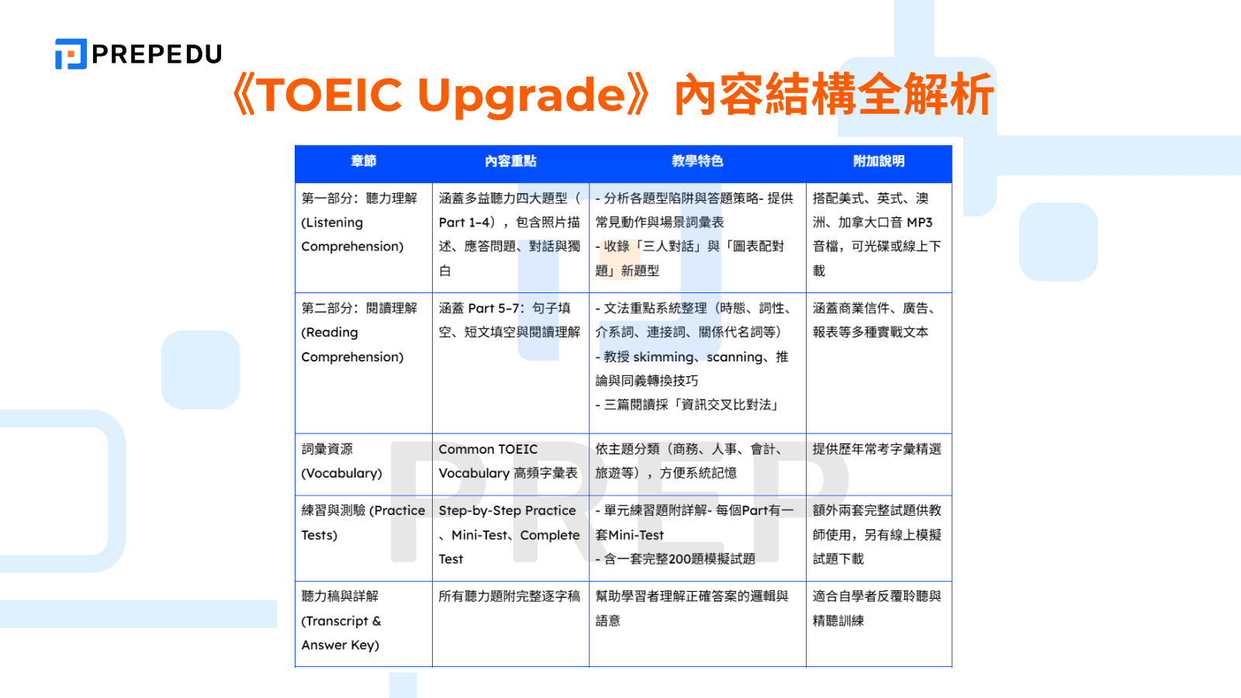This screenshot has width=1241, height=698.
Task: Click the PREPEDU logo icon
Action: [x=71, y=54]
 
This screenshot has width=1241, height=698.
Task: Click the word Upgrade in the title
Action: [x=521, y=95]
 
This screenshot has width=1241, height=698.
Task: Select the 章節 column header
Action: [x=363, y=161]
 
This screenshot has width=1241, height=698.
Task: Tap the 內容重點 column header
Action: [x=510, y=161]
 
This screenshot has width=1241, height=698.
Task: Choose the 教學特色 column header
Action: [x=697, y=161]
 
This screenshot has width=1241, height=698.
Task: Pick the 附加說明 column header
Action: [x=879, y=161]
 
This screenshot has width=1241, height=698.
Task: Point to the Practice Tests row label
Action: [x=362, y=523]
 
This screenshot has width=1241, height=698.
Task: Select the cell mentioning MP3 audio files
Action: [x=877, y=234]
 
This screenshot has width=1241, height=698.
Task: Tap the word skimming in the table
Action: [x=664, y=357]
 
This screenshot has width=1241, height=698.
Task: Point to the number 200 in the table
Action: [x=680, y=559]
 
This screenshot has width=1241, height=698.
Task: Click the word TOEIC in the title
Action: [x=330, y=95]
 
